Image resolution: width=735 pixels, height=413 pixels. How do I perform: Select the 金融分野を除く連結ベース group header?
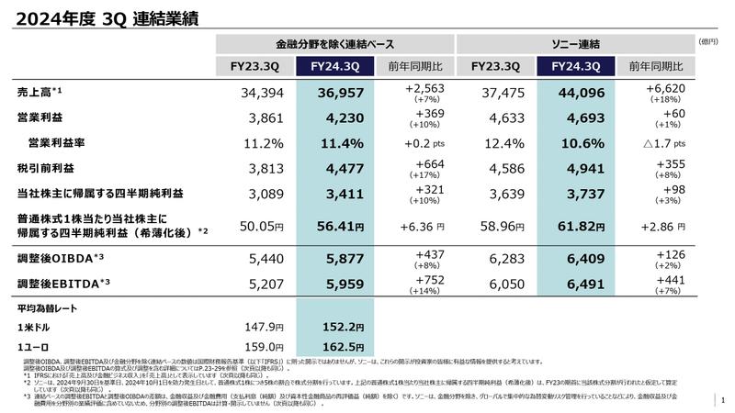pos(335,43)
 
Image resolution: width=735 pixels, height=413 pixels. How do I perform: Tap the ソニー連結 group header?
pos(575,43)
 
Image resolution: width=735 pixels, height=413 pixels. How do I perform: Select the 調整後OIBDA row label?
pos(51,260)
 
